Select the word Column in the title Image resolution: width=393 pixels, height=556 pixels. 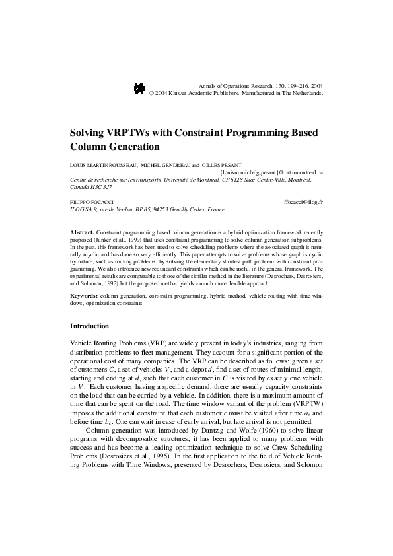click(x=91, y=145)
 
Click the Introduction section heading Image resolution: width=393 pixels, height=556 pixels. click(x=94, y=326)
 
